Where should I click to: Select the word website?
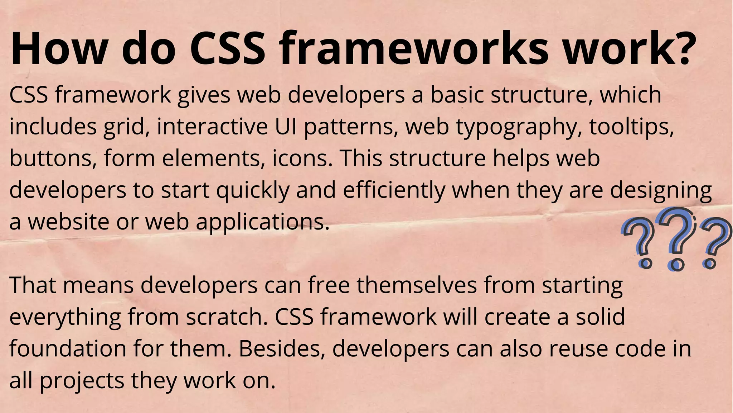click(68, 222)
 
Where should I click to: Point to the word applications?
click(262, 222)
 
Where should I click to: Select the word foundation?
click(68, 348)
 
